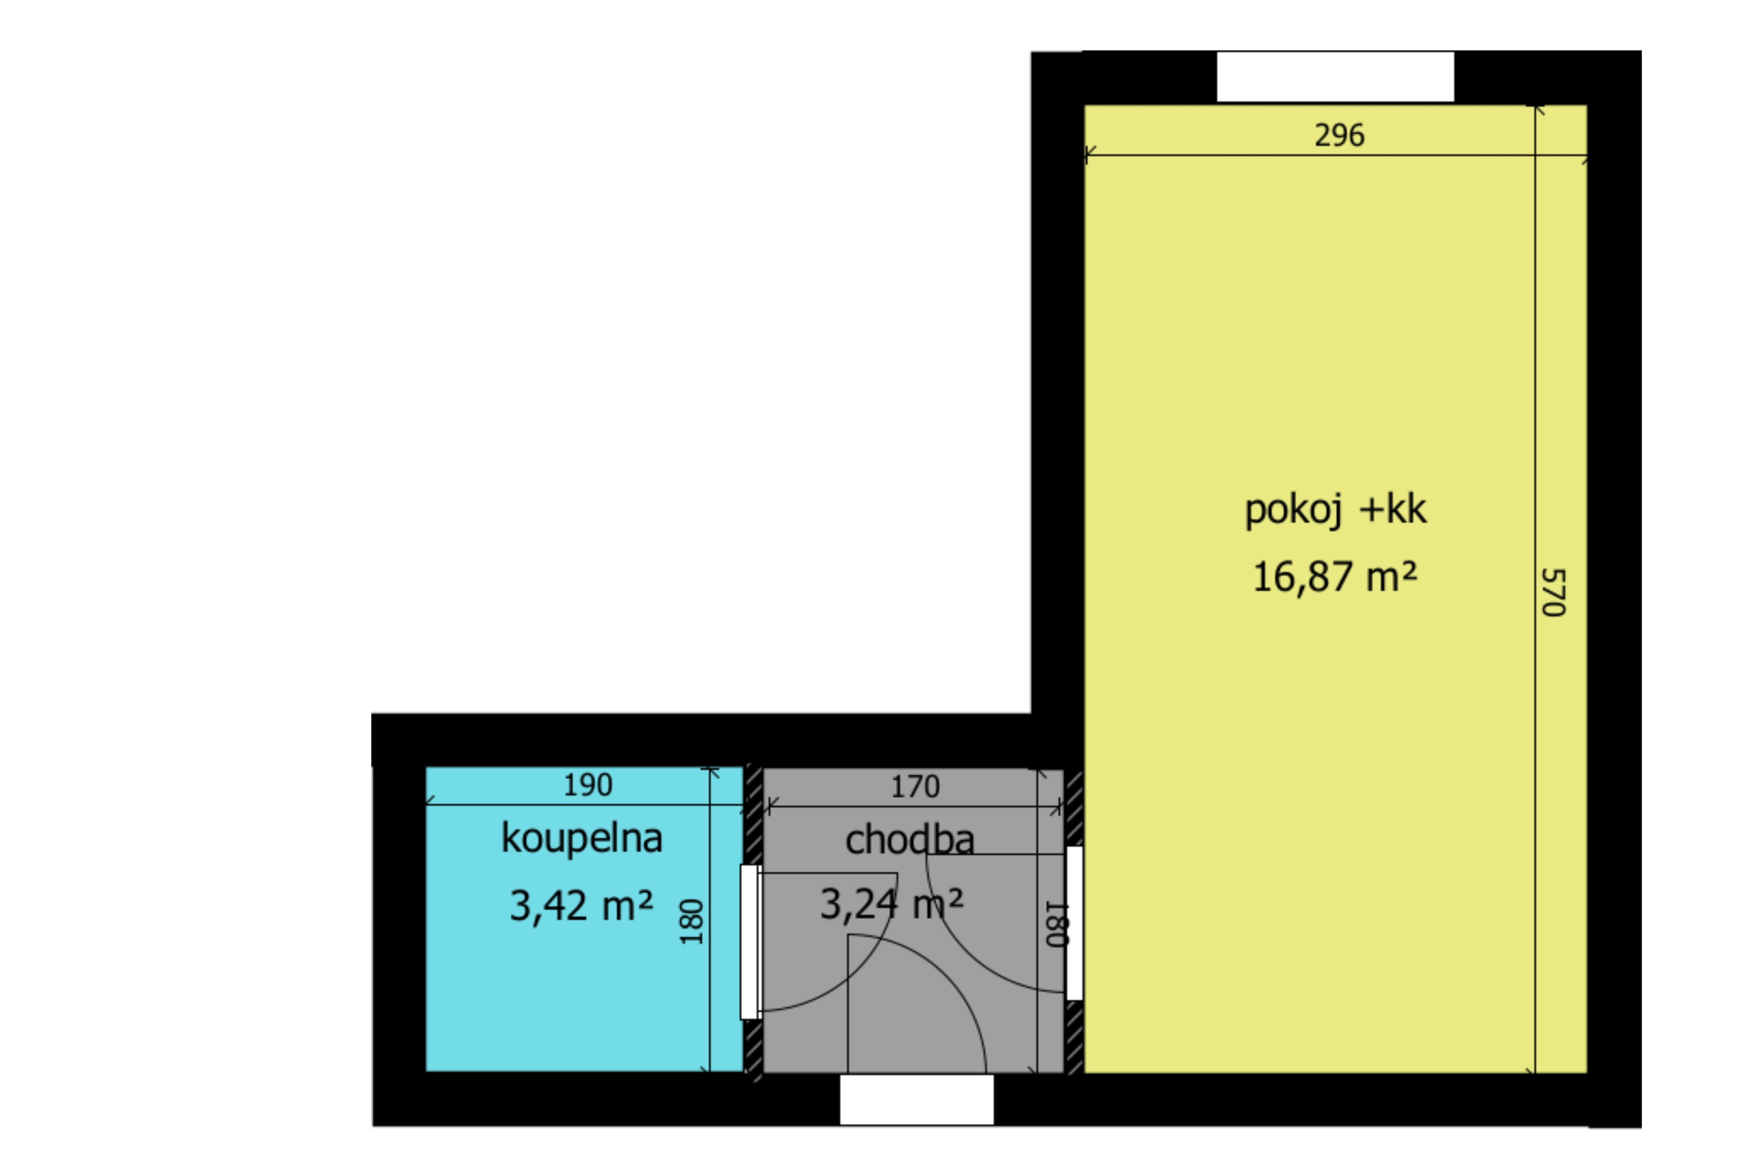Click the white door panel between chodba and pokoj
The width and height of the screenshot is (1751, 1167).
(x=1074, y=923)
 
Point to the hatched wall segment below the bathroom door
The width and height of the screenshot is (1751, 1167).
(x=753, y=1049)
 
